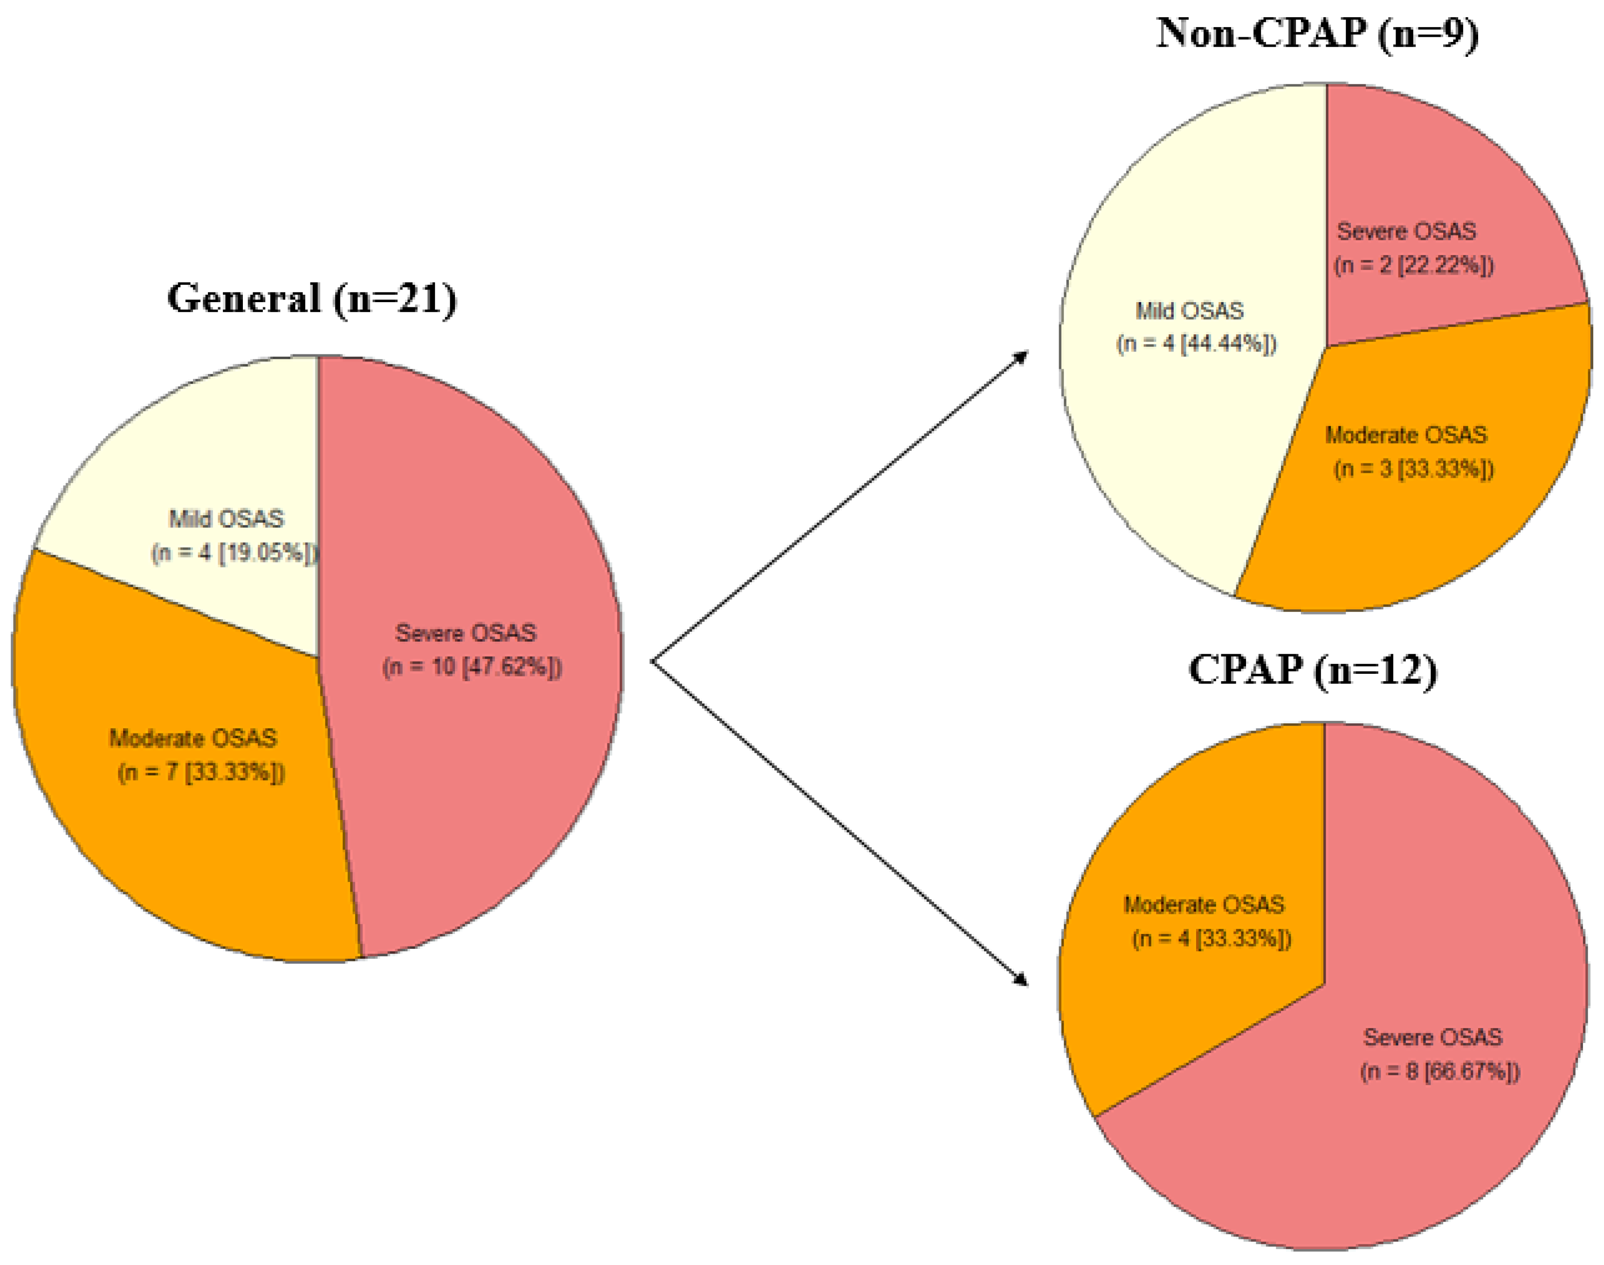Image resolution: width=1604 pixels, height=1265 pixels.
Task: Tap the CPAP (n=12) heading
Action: (1312, 671)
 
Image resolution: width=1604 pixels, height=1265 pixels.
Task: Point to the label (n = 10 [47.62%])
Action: (472, 667)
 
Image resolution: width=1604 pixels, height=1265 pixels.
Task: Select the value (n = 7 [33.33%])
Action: (201, 773)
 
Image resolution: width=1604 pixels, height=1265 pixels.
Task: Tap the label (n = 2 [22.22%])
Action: (1414, 265)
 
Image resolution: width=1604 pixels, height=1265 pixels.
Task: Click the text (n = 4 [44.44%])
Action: (1196, 344)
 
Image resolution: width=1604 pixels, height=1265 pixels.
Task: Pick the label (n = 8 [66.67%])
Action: (1439, 1071)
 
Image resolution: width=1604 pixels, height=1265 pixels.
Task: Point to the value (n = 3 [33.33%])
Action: (1414, 469)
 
